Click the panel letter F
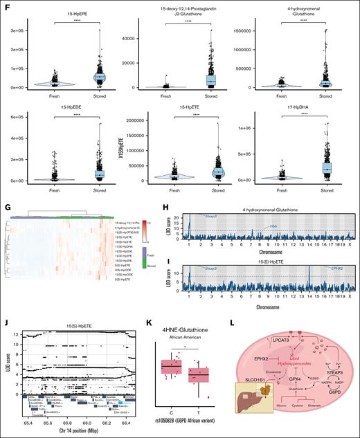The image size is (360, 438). click(x=6, y=6)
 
